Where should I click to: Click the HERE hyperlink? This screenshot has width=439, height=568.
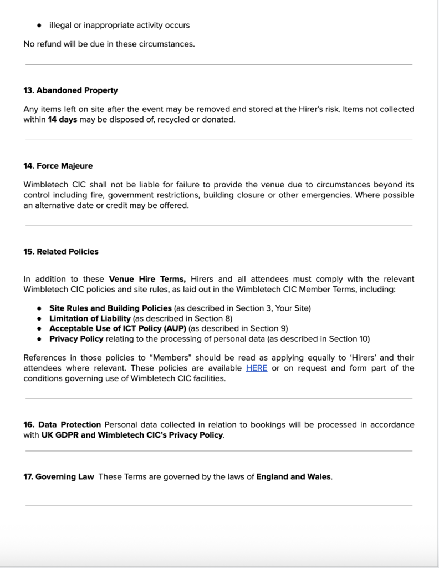pyautogui.click(x=257, y=368)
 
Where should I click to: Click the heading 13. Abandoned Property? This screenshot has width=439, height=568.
pyautogui.click(x=70, y=90)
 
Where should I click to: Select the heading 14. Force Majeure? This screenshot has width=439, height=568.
pyautogui.click(x=58, y=166)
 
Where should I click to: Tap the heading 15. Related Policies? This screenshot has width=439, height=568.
pyautogui.click(x=61, y=252)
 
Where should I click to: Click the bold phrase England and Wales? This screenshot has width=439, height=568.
pyautogui.click(x=294, y=477)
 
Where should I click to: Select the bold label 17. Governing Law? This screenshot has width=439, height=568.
pyautogui.click(x=59, y=477)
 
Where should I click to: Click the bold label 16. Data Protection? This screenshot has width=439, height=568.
pyautogui.click(x=62, y=425)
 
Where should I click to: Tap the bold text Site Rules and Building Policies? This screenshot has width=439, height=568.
pyautogui.click(x=111, y=308)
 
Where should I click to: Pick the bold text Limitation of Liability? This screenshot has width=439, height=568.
pyautogui.click(x=90, y=318)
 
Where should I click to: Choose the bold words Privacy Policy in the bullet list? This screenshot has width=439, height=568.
pyautogui.click(x=76, y=338)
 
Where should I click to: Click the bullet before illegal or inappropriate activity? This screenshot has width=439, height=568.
pyautogui.click(x=39, y=26)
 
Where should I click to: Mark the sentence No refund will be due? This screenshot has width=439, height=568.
pyautogui.click(x=109, y=44)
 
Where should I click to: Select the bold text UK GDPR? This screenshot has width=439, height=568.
pyautogui.click(x=59, y=435)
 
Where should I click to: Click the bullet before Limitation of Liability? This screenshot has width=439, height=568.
pyautogui.click(x=39, y=319)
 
